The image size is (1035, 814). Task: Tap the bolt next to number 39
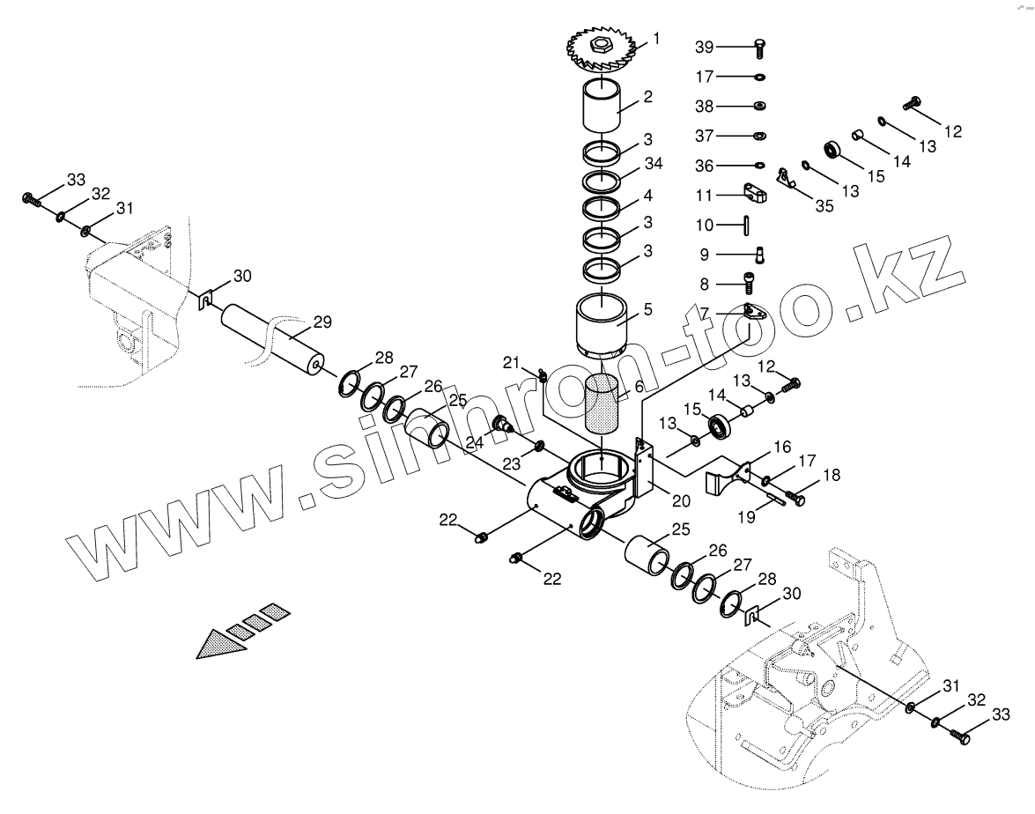(x=759, y=47)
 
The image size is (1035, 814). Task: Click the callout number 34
(x=653, y=165)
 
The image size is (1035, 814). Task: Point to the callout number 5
(x=647, y=310)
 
